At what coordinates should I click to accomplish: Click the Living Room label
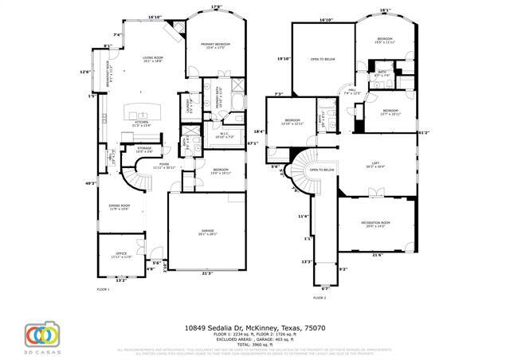pyautogui.click(x=152, y=57)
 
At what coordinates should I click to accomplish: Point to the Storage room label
pyautogui.click(x=143, y=148)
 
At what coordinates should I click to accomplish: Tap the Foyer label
pyautogui.click(x=163, y=165)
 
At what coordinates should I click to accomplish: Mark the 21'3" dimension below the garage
pyautogui.click(x=207, y=273)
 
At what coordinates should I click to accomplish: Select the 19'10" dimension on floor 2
pyautogui.click(x=283, y=58)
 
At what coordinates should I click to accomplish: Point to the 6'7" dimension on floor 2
pyautogui.click(x=324, y=288)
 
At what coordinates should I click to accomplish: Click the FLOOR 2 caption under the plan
pyautogui.click(x=319, y=297)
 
